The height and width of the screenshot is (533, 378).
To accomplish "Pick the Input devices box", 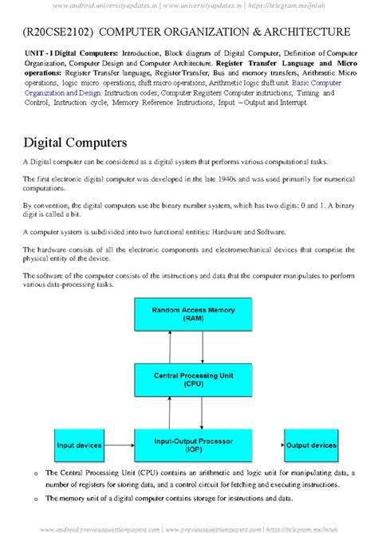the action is (x=78, y=445).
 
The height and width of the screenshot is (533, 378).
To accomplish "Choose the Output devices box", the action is (x=310, y=445).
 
